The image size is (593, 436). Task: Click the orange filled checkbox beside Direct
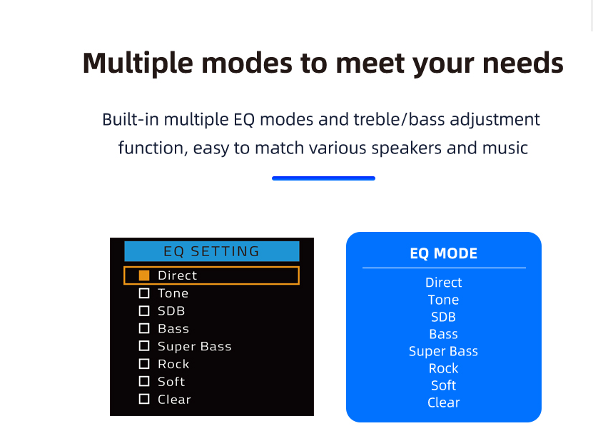point(144,275)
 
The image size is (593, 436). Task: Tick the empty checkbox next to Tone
point(144,293)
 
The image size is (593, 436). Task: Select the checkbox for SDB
point(144,311)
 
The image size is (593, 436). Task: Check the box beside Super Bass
point(144,346)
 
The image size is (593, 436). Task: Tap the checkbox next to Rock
point(144,364)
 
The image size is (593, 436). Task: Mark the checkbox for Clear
point(144,399)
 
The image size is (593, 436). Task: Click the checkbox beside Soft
point(144,381)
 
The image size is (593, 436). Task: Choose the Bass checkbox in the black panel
point(144,328)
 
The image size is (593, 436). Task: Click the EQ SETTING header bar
point(212,251)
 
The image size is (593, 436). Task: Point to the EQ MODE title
point(444,253)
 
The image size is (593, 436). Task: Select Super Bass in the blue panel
point(443,351)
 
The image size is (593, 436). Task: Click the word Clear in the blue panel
point(444,402)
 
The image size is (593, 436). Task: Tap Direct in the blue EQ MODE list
point(444,283)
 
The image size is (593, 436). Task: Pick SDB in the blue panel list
point(444,317)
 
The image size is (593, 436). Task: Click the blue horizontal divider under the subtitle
point(323,178)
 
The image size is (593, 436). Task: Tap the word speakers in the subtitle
point(407,148)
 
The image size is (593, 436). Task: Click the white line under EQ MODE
point(444,268)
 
